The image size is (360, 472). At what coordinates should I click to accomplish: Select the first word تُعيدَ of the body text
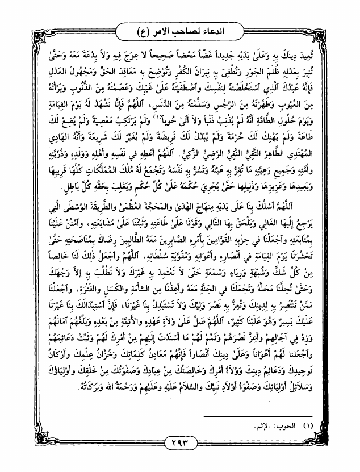pos(328,57)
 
